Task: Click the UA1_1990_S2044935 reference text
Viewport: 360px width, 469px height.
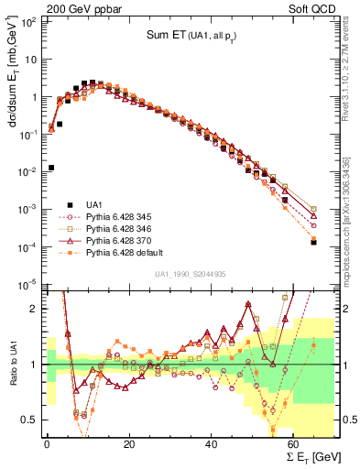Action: coord(191,274)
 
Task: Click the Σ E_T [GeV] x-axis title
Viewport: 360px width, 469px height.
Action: coord(308,457)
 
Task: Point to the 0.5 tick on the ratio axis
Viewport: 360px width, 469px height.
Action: coord(29,420)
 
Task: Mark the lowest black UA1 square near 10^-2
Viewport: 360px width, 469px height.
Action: coord(51,168)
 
